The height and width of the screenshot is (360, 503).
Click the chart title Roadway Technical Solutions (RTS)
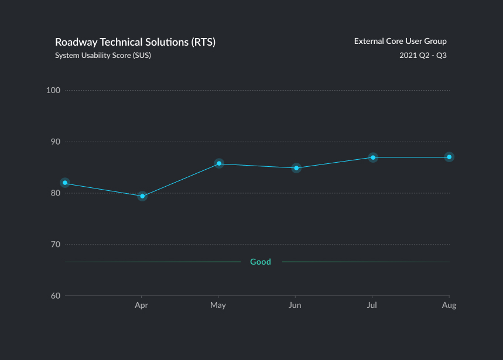click(x=135, y=42)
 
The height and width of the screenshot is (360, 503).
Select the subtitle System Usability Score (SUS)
click(x=103, y=56)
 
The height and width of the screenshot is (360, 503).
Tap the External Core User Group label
click(x=401, y=41)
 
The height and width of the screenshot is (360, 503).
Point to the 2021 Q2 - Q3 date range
click(x=423, y=56)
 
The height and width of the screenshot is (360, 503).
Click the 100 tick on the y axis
click(x=54, y=90)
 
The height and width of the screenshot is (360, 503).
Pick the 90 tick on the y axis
click(x=56, y=142)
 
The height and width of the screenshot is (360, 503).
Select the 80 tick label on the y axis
click(x=56, y=193)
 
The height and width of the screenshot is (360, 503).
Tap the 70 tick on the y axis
click(x=56, y=244)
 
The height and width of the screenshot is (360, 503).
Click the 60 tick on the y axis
click(x=56, y=296)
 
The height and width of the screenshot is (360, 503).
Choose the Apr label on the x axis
click(x=141, y=306)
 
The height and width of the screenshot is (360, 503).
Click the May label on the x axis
click(x=218, y=306)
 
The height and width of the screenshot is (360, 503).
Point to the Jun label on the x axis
click(x=296, y=306)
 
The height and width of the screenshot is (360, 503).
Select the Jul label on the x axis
click(x=372, y=306)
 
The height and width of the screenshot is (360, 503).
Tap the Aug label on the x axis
click(x=449, y=306)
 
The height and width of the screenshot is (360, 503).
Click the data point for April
click(x=142, y=196)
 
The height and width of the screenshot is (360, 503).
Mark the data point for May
click(x=219, y=163)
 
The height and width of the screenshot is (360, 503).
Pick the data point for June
click(x=296, y=168)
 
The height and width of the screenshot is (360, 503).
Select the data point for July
click(x=373, y=157)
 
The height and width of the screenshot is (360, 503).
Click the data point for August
click(x=449, y=157)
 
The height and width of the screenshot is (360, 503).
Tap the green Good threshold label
click(x=261, y=262)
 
